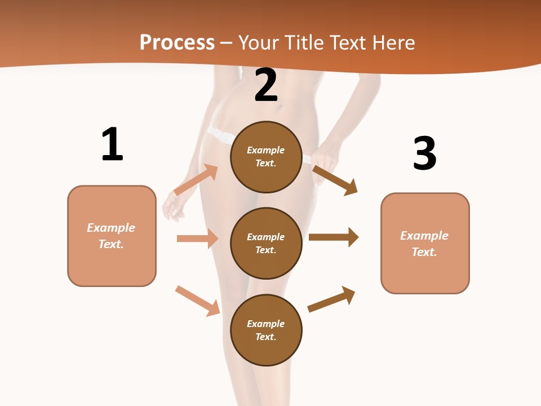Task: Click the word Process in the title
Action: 177,43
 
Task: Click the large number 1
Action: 112,144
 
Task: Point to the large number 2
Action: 266,85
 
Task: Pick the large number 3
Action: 424,153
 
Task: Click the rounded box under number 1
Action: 112,236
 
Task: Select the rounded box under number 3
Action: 425,244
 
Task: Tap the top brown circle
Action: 266,157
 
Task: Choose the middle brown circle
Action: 266,243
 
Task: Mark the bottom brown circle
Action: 266,330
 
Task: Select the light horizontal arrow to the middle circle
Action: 197,239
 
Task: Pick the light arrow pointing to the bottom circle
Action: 198,301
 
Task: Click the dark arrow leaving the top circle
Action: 335,180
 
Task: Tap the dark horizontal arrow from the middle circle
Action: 334,237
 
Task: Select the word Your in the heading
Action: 258,43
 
